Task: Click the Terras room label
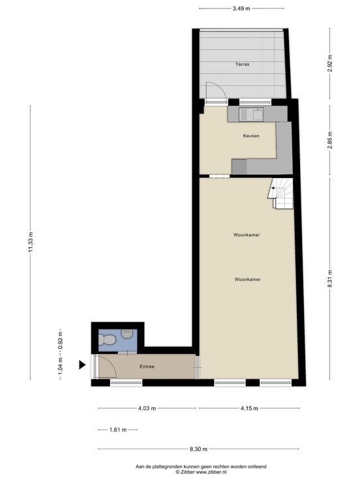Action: (x=242, y=65)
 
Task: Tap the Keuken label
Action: (x=251, y=136)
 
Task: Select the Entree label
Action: (x=147, y=367)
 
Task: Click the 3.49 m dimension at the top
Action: (x=241, y=8)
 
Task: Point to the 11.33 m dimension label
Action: (x=31, y=242)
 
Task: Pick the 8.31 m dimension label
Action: (x=330, y=278)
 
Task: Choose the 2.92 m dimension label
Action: (x=330, y=63)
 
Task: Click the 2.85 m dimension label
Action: (x=330, y=140)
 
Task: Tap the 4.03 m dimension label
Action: (x=147, y=408)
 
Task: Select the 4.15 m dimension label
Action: (x=249, y=408)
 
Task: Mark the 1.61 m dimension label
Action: (x=118, y=430)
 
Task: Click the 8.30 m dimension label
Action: (x=198, y=449)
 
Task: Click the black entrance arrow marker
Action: (x=82, y=365)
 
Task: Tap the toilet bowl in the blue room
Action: (x=106, y=340)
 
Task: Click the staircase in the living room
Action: (x=280, y=193)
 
